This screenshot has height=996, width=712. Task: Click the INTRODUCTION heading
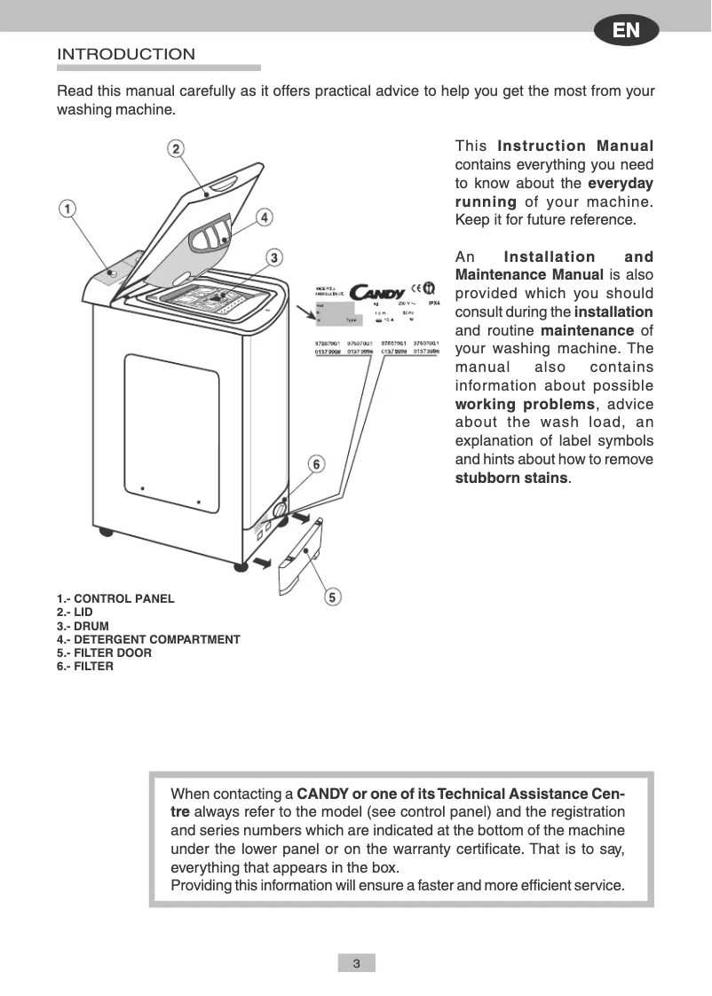click(126, 55)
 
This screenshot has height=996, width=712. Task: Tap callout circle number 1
click(67, 209)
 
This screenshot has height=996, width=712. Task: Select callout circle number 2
click(177, 148)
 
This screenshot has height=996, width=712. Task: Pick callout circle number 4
click(264, 217)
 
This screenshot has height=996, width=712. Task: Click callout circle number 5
click(331, 597)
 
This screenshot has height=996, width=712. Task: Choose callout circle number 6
click(316, 463)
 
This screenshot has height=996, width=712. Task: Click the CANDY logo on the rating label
click(377, 291)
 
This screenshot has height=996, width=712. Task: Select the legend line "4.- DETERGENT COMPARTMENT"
click(148, 639)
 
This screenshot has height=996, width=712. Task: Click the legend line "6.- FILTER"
click(85, 666)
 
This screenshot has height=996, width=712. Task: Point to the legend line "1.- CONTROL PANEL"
click(115, 598)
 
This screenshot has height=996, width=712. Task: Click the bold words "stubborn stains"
click(510, 478)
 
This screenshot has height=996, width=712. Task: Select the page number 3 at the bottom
click(356, 963)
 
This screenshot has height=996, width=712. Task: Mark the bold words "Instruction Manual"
click(575, 146)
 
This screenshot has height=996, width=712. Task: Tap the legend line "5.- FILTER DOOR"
click(104, 652)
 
